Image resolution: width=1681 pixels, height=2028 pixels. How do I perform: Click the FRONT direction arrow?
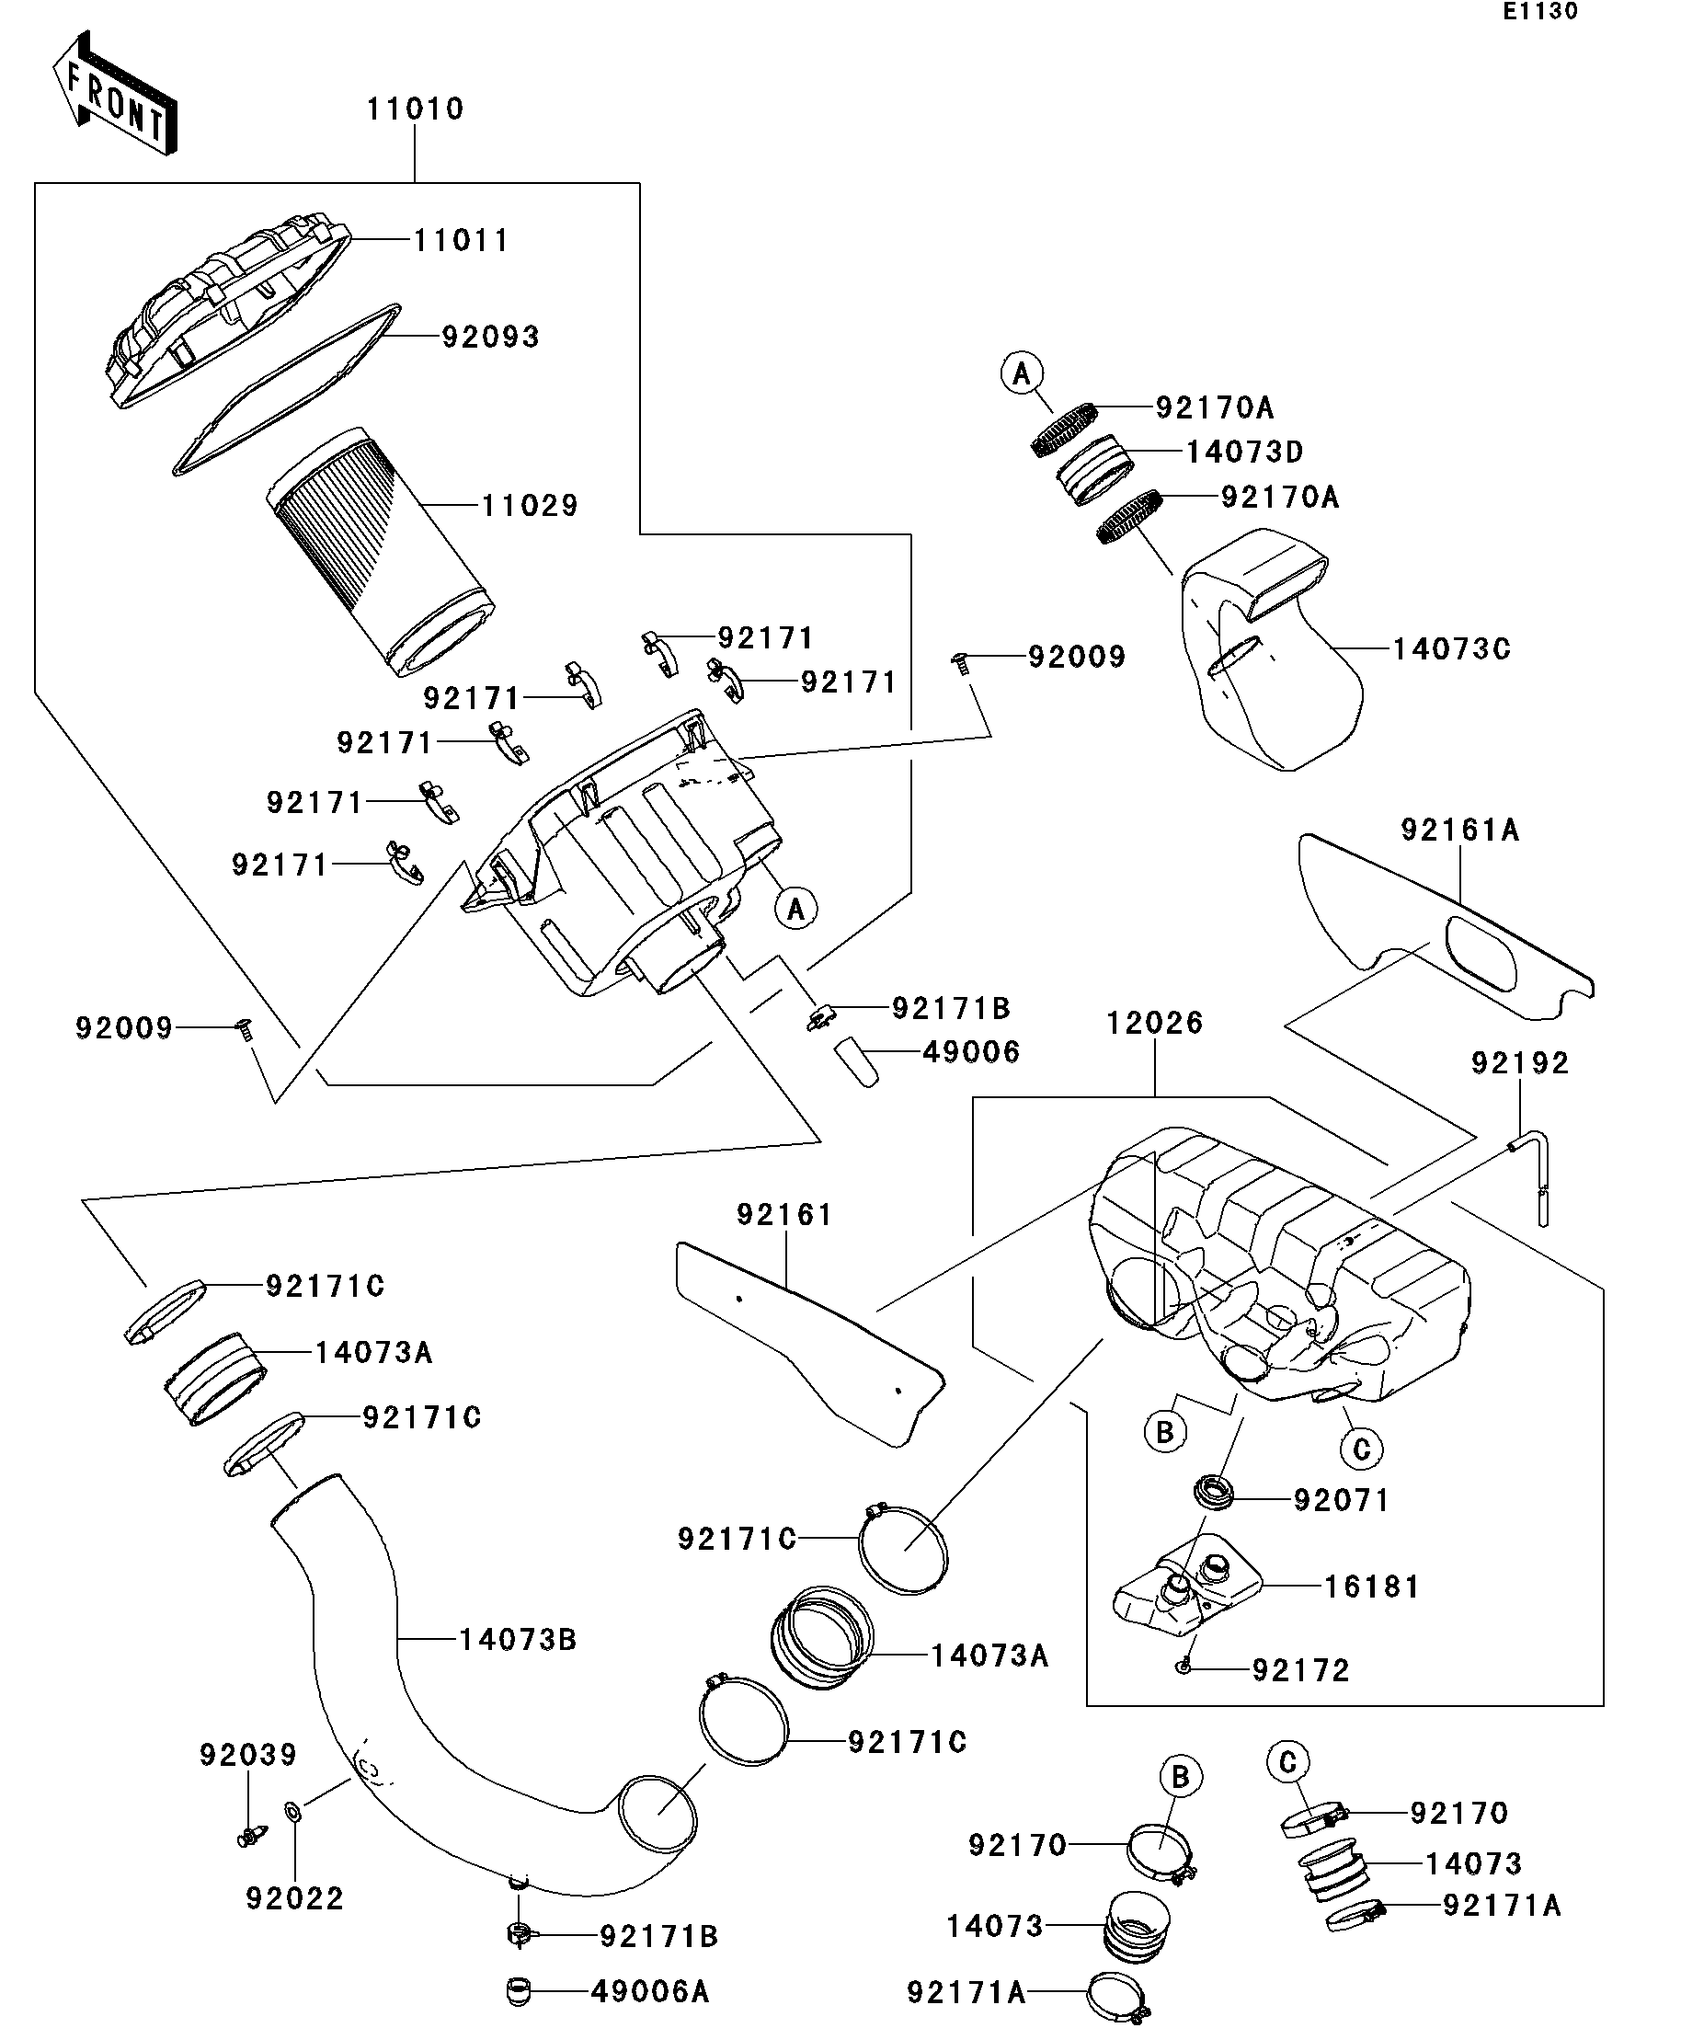(114, 93)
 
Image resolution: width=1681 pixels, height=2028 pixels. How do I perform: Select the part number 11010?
(415, 109)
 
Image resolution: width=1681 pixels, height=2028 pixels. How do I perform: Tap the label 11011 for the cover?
(461, 240)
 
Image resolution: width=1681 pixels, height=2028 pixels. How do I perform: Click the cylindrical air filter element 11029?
(382, 550)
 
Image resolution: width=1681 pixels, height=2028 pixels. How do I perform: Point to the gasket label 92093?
(490, 337)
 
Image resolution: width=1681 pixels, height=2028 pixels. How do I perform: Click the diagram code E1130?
(1539, 12)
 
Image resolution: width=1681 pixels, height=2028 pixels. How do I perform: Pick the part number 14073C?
(1450, 649)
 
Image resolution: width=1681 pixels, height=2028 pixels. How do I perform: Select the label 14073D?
(1243, 451)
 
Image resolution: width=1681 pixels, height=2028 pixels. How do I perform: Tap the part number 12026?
(1155, 1023)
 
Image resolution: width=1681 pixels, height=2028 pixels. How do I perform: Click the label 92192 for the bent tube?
(1520, 1063)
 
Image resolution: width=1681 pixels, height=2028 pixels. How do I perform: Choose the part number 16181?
(1371, 1587)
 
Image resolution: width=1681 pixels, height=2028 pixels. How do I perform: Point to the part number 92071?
(1341, 1500)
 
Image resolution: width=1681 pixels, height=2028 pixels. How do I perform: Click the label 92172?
(1300, 1669)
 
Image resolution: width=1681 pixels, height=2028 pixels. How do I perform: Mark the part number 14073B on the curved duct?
(518, 1639)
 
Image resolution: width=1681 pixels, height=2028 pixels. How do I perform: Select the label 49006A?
(650, 1991)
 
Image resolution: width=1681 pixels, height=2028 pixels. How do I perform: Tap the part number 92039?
(248, 1754)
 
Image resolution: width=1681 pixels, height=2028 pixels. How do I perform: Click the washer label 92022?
(294, 1898)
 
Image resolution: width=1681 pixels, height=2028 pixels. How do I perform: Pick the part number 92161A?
(1460, 830)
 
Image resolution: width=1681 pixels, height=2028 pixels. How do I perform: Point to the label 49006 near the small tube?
(971, 1051)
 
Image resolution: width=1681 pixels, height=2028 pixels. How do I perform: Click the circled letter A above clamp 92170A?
(1022, 372)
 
